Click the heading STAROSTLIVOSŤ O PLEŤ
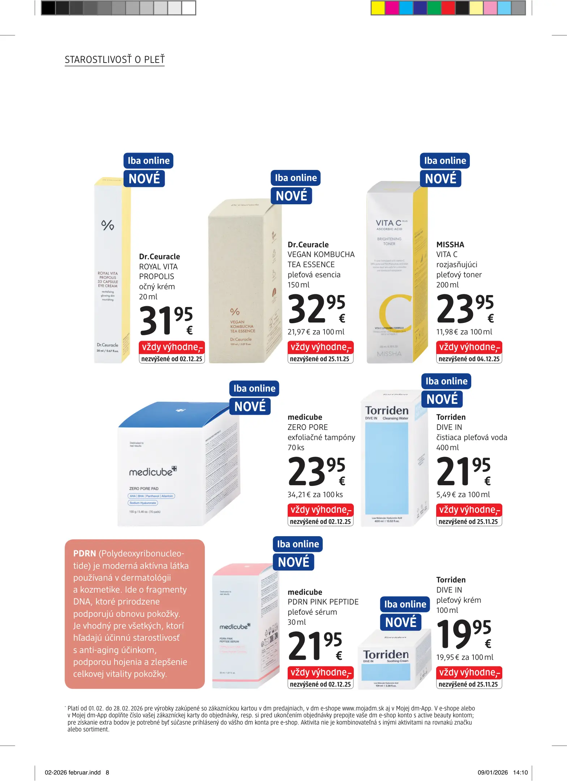tap(115, 60)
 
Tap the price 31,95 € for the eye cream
tap(166, 320)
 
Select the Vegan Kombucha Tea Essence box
tap(244, 282)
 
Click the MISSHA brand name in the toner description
tap(450, 245)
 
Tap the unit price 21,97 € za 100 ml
tap(316, 332)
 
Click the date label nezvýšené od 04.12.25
tap(469, 359)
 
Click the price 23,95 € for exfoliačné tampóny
tap(316, 471)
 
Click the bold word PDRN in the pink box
tap(85, 554)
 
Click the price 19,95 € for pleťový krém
tap(464, 634)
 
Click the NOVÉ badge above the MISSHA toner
tap(441, 179)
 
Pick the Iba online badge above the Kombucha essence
tap(296, 178)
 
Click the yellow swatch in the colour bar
tap(378, 8)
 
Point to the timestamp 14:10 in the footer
tap(520, 772)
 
